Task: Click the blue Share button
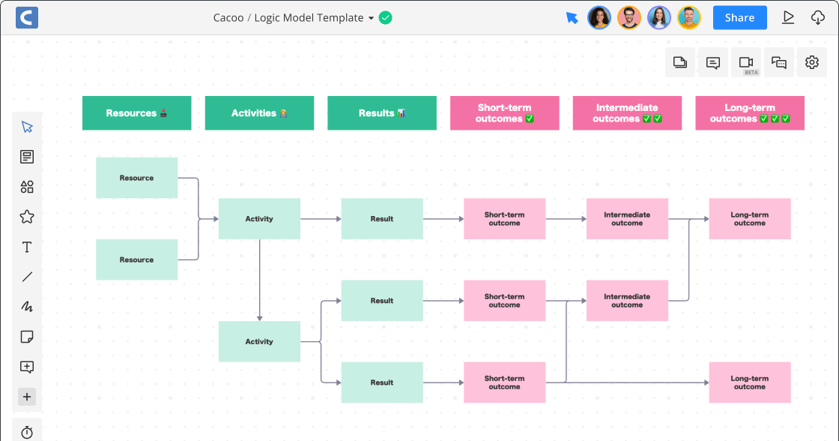pyautogui.click(x=739, y=18)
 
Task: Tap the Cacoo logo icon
pyautogui.click(x=26, y=17)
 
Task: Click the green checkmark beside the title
pyautogui.click(x=385, y=17)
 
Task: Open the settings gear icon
pyautogui.click(x=812, y=62)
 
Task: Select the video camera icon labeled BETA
pyautogui.click(x=746, y=62)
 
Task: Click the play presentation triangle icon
pyautogui.click(x=788, y=17)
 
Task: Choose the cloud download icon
pyautogui.click(x=818, y=17)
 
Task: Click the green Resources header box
pyautogui.click(x=136, y=113)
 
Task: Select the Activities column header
pyautogui.click(x=259, y=113)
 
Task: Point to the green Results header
pyautogui.click(x=382, y=113)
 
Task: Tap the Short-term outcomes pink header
pyautogui.click(x=504, y=113)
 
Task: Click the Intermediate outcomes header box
pyautogui.click(x=627, y=113)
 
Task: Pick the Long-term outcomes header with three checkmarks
pyautogui.click(x=750, y=113)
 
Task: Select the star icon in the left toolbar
pyautogui.click(x=27, y=217)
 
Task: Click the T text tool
pyautogui.click(x=27, y=247)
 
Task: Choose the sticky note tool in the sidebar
pyautogui.click(x=27, y=337)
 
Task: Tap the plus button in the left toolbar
pyautogui.click(x=27, y=397)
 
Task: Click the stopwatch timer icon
pyautogui.click(x=27, y=433)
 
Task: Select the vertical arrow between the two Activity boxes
pyautogui.click(x=259, y=280)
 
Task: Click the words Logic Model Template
pyautogui.click(x=309, y=18)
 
